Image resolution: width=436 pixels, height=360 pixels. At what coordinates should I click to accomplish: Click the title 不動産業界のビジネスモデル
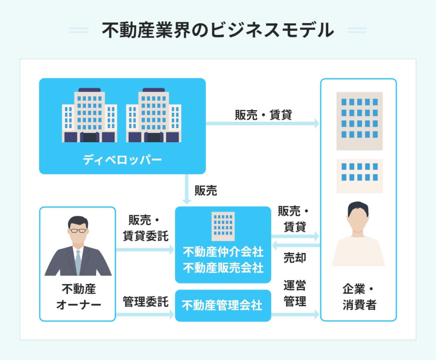pos(218,30)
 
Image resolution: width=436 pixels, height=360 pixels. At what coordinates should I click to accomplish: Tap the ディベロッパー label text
pos(122,160)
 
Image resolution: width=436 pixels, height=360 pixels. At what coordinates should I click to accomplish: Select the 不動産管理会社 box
pos(223,306)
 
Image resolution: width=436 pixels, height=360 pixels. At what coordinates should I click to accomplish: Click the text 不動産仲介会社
pos(223,252)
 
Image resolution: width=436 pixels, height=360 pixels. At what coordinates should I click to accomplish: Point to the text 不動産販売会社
pos(223,268)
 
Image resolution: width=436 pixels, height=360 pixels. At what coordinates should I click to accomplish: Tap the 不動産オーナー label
pos(79,297)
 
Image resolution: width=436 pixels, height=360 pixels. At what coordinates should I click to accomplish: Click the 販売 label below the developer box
pos(206,191)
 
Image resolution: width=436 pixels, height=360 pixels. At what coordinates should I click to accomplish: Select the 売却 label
pos(295,258)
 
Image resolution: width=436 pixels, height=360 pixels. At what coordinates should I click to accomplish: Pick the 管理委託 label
pos(146,302)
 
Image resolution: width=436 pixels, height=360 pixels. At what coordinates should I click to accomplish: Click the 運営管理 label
pos(295,293)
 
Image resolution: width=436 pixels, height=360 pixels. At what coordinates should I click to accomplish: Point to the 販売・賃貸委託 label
pos(146,228)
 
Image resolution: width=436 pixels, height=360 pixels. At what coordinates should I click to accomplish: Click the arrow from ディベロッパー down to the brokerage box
pos(186,189)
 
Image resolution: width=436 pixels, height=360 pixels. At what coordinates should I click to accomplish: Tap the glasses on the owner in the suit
pos(78,231)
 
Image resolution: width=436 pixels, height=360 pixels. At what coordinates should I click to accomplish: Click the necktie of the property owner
pos(78,262)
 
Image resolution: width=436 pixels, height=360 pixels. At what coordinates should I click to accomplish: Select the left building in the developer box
pos(89,115)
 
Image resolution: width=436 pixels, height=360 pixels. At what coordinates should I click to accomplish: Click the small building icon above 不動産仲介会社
pos(223,226)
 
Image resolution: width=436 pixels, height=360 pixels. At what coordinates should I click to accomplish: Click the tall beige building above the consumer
pos(359,121)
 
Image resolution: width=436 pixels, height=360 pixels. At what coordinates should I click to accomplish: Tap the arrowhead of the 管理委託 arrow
pos(171,315)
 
